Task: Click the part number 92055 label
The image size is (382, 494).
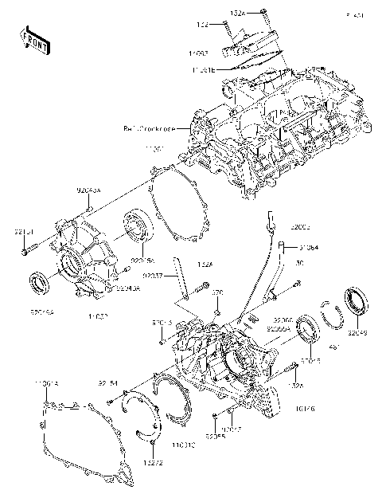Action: tap(213, 437)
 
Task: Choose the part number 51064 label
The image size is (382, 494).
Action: tap(310, 247)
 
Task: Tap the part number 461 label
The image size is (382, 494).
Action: tap(334, 348)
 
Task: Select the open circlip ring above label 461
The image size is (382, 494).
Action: tap(330, 314)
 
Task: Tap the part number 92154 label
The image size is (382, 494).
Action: tap(108, 384)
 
